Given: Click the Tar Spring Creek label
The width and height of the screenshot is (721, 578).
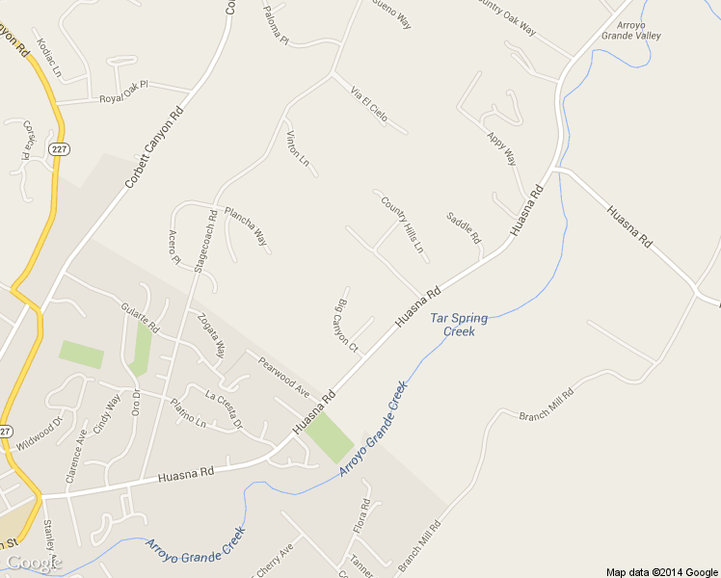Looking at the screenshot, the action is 459,325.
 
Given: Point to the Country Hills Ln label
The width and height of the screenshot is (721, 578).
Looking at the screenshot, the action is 403,225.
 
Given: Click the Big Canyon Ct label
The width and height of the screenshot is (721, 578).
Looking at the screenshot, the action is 345,328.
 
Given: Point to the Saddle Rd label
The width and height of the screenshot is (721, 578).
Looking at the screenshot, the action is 463,228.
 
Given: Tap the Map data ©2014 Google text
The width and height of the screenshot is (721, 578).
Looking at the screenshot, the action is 662,571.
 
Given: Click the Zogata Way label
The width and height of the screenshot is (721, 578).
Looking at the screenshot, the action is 210,333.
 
